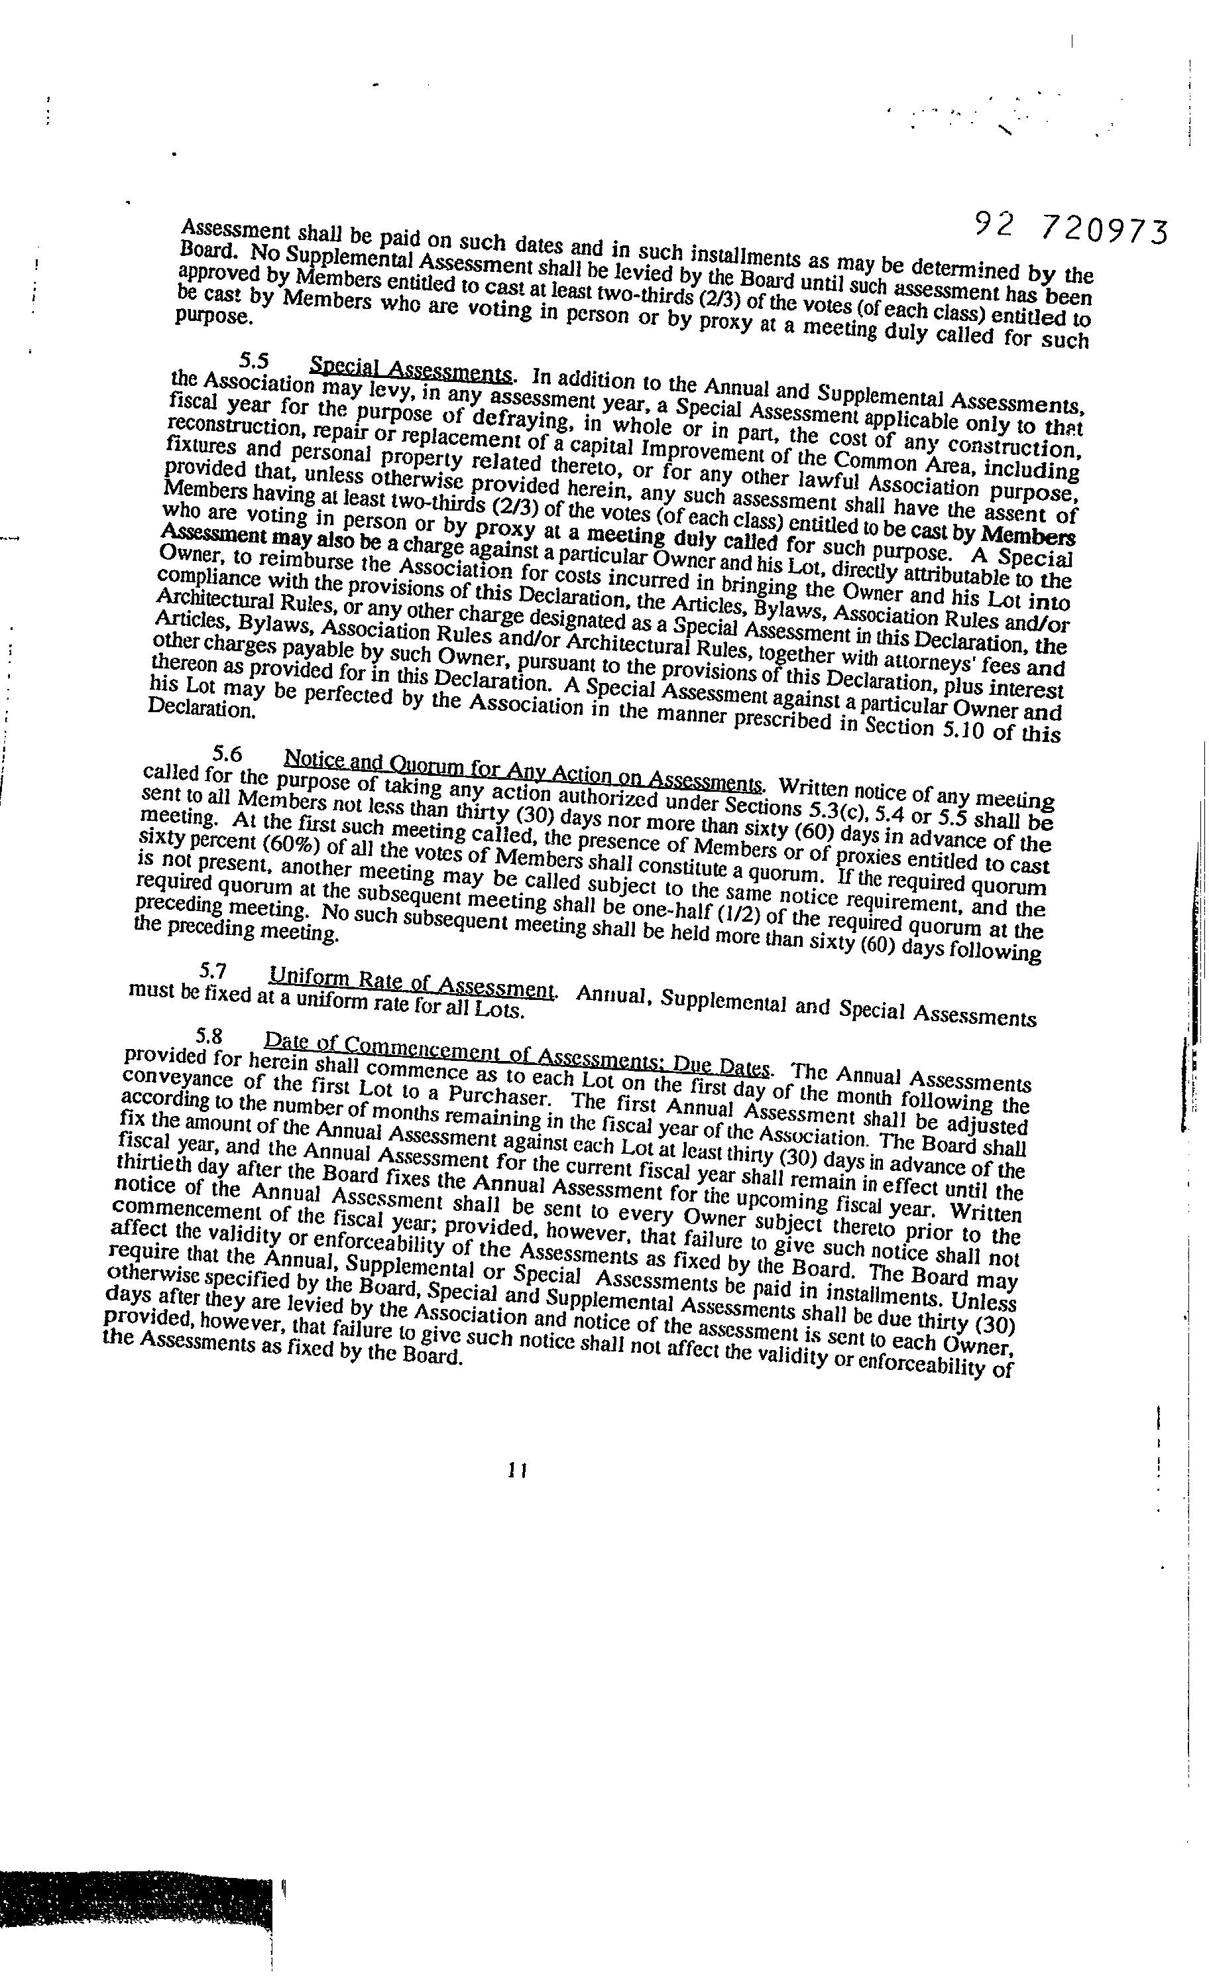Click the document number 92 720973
[1070, 229]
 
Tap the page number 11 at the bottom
[517, 1470]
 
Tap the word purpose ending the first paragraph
[214, 316]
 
